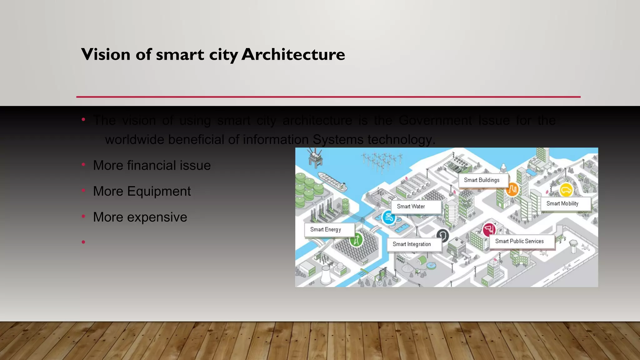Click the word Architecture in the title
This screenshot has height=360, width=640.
[293, 54]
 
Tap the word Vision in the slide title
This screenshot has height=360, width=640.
[106, 54]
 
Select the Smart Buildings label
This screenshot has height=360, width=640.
[482, 180]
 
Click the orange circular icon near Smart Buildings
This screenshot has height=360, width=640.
[512, 189]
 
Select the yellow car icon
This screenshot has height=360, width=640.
[566, 190]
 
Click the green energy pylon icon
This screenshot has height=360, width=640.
[356, 240]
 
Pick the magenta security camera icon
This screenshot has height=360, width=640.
[489, 230]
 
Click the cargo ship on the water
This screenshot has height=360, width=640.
[332, 181]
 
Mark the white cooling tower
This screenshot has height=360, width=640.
[326, 275]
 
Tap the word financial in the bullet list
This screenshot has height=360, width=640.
[152, 165]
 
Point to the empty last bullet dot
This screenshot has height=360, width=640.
[83, 242]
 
